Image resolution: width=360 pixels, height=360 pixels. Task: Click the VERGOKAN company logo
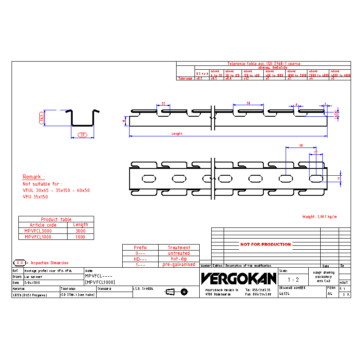pos(239,278)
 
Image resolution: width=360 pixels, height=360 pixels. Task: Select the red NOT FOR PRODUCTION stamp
pos(265,245)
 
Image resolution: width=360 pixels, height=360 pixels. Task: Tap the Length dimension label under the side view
pos(177,134)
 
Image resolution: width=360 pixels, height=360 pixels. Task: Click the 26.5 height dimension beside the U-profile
pos(42,118)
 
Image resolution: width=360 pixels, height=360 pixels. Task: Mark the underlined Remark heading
pos(33,177)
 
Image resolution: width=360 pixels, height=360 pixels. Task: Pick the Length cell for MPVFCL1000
pos(80,237)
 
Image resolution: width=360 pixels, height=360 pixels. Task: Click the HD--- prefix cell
pos(140,259)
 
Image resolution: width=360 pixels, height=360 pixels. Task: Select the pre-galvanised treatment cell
pos(179,265)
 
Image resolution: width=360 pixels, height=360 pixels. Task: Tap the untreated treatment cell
pos(179,253)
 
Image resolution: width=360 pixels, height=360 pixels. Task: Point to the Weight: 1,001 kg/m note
pos(319,217)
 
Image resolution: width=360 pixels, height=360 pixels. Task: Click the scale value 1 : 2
pos(293,280)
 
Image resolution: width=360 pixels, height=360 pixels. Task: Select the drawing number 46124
pos(285,294)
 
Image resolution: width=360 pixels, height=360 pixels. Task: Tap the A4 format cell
pos(330,294)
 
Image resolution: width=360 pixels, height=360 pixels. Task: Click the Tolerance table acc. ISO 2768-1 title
pos(263,64)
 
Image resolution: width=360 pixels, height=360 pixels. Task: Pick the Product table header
pos(56,219)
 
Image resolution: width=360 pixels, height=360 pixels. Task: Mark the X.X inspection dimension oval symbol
pos(19,263)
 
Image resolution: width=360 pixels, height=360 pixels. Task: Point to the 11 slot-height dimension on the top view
pos(338,178)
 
